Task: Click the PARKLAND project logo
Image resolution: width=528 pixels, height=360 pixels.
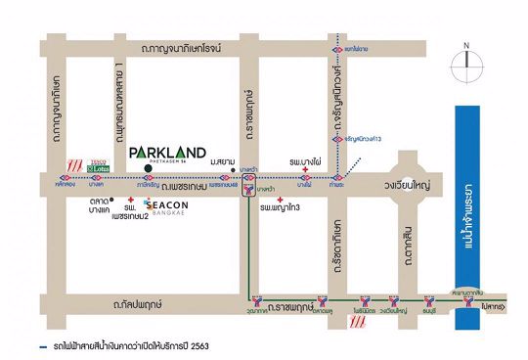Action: tap(167, 154)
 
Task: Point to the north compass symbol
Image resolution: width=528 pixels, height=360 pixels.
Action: tap(467, 67)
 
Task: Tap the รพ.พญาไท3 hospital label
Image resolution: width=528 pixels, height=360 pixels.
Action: tap(281, 208)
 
